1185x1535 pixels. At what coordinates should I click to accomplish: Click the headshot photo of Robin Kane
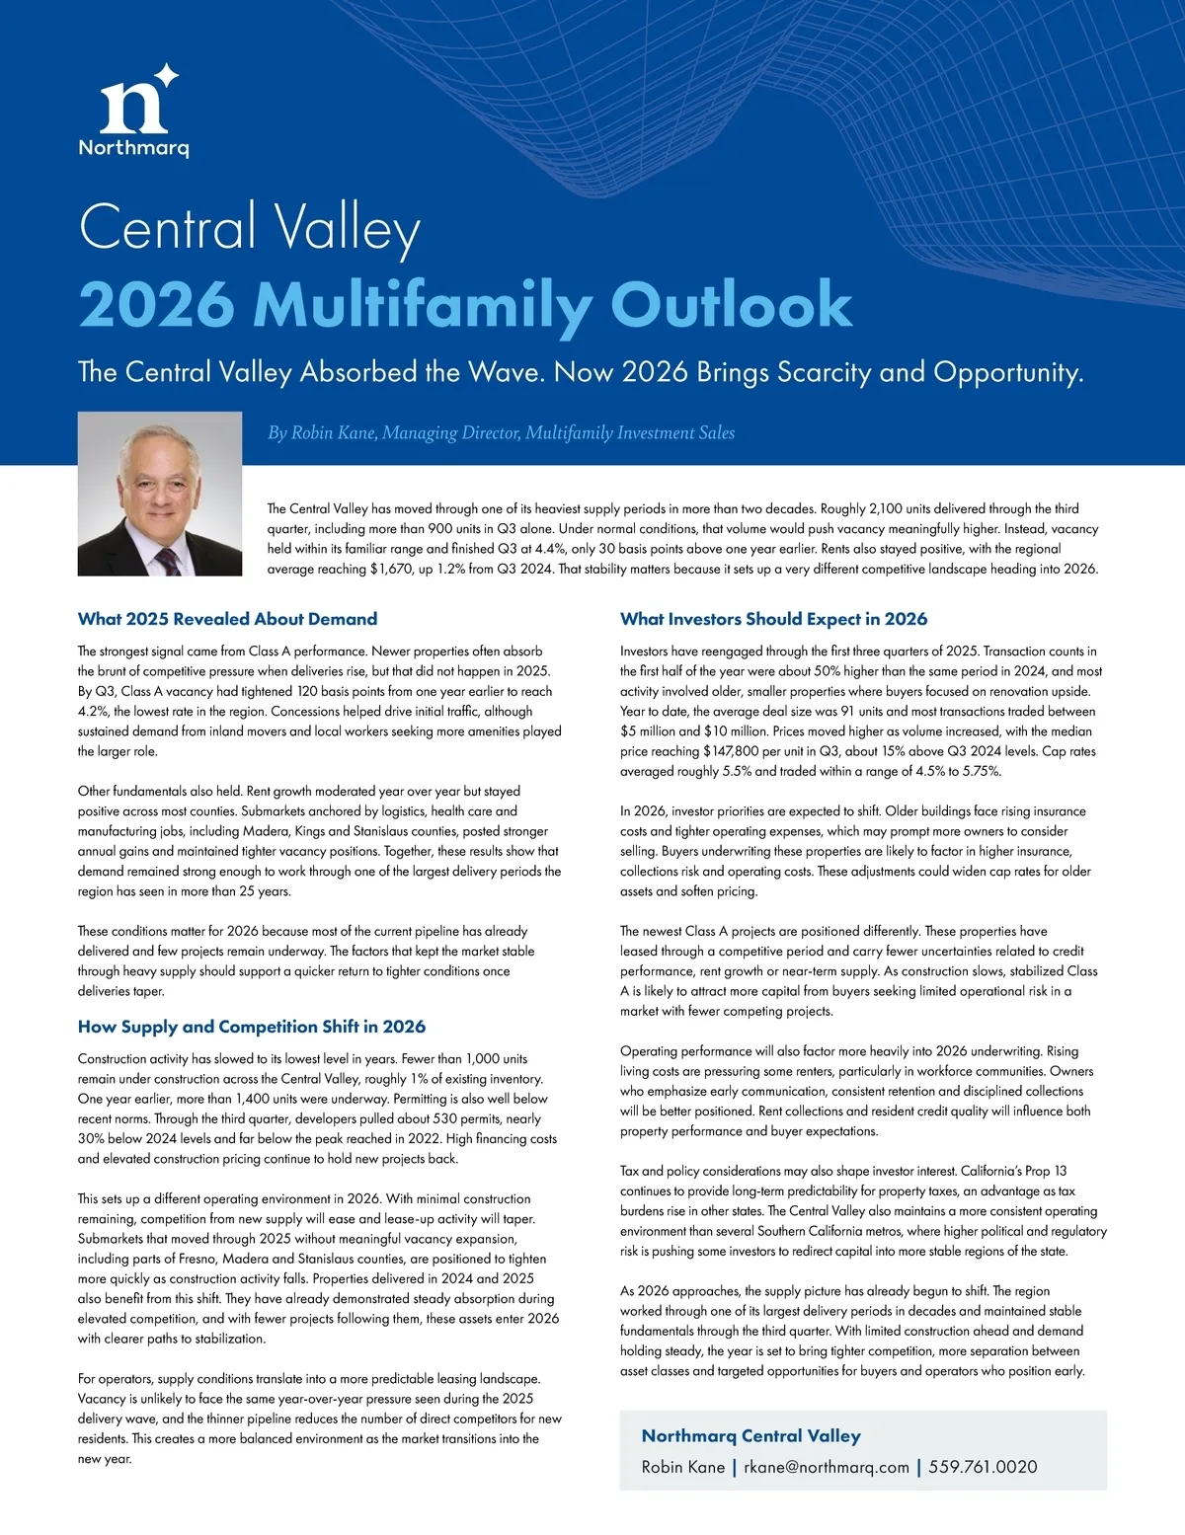(160, 494)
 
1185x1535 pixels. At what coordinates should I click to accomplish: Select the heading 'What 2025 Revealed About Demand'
(227, 619)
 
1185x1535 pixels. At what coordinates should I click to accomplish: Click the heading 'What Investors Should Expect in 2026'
(773, 619)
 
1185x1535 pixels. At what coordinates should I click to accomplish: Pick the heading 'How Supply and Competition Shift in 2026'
(252, 1027)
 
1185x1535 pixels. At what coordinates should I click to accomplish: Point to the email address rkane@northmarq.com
(826, 1467)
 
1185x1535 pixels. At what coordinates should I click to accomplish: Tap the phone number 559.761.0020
(983, 1467)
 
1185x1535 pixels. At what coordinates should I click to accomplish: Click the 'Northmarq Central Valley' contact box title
(750, 1436)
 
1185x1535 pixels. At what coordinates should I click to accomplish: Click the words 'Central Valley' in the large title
(249, 227)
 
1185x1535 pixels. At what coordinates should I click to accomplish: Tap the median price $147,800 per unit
(738, 751)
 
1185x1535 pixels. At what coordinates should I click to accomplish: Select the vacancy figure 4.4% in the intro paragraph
(550, 549)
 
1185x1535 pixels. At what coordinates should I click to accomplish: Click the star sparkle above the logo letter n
(167, 75)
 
